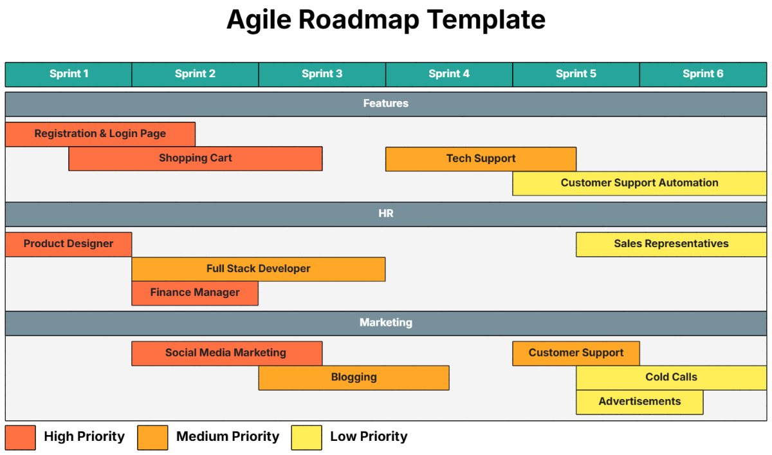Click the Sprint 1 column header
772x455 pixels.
(68, 74)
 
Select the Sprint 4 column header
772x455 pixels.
(449, 74)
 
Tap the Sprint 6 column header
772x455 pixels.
(703, 74)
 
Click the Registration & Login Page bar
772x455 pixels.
(100, 134)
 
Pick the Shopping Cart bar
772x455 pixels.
(195, 158)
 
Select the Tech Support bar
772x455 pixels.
(481, 158)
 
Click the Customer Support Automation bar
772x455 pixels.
(639, 183)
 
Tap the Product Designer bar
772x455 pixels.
(68, 244)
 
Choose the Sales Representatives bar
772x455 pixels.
(671, 244)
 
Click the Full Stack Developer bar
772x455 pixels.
(258, 269)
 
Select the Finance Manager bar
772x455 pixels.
(195, 293)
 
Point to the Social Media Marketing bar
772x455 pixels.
(226, 353)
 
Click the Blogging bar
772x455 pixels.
(354, 378)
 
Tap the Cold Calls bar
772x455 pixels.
(671, 378)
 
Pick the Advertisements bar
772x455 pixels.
(639, 402)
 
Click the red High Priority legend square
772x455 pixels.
(20, 437)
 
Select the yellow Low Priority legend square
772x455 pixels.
(306, 437)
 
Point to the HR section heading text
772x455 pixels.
(385, 214)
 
